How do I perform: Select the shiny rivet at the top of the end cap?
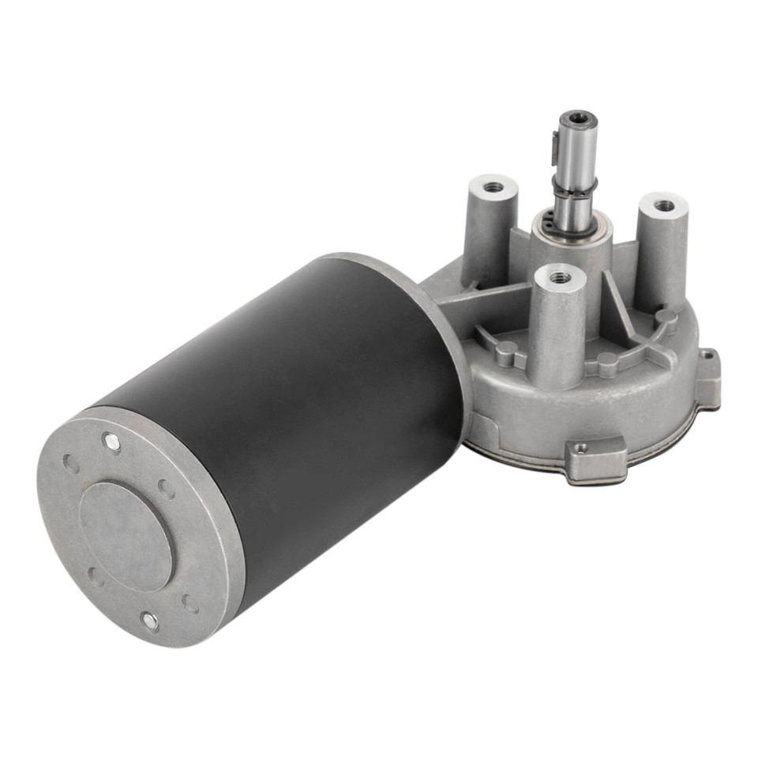pyautogui.click(x=112, y=444)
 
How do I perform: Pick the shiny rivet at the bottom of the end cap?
pyautogui.click(x=149, y=621)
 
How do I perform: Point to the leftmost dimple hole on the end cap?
pyautogui.click(x=71, y=464)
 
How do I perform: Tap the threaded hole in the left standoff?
pyautogui.click(x=493, y=187)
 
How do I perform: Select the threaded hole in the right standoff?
pyautogui.click(x=665, y=205)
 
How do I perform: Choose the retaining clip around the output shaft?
pyautogui.click(x=575, y=188)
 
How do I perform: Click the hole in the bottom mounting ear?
pyautogui.click(x=583, y=448)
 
